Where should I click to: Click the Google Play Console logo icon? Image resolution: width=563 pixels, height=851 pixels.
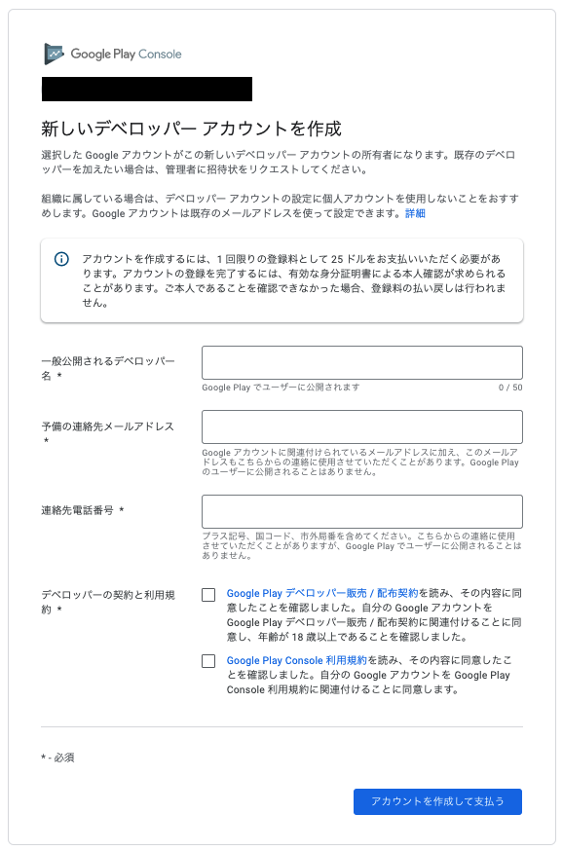[55, 55]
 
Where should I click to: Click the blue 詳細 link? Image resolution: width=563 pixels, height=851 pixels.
[415, 213]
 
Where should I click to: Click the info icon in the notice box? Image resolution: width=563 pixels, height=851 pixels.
[62, 259]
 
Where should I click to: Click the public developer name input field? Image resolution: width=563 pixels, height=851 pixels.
[361, 362]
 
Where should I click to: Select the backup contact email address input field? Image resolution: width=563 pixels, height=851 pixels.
[361, 426]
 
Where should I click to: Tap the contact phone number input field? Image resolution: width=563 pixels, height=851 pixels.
[361, 511]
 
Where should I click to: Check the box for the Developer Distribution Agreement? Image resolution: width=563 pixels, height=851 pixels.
[208, 595]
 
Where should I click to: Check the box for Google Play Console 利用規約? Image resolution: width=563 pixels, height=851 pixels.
[208, 661]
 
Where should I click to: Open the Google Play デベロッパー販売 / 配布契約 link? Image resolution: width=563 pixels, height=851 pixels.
[322, 592]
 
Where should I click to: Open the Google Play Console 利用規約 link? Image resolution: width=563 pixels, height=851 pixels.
[296, 660]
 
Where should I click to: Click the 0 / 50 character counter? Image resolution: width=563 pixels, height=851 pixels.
[510, 388]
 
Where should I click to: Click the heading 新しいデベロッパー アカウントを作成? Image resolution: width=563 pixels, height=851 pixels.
[191, 129]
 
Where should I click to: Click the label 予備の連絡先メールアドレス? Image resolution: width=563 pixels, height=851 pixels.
[107, 426]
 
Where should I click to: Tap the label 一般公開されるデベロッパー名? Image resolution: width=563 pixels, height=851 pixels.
[107, 361]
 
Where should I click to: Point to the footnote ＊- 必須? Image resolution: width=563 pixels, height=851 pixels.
[57, 757]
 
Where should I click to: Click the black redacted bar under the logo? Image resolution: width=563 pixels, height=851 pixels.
[147, 89]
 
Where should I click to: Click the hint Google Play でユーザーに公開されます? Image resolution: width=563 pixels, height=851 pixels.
[281, 388]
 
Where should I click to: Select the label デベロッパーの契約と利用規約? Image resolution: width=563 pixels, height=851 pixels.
[107, 593]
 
